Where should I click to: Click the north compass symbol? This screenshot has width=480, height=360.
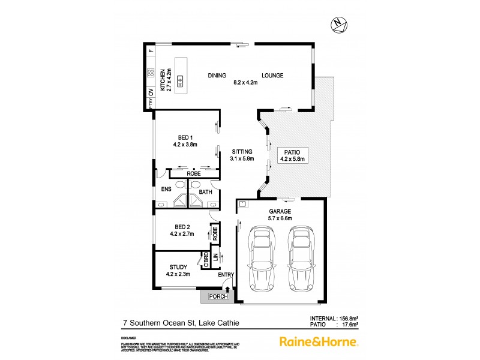click(339, 25)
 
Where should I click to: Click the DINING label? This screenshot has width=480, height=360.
click(217, 76)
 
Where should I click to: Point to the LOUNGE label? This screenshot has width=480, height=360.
click(272, 76)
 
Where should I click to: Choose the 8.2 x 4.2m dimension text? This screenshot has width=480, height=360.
click(245, 83)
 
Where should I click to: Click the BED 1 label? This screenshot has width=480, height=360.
click(185, 137)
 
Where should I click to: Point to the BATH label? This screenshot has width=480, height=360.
click(205, 192)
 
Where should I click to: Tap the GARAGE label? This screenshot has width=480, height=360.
click(280, 212)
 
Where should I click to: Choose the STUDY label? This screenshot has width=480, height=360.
click(178, 267)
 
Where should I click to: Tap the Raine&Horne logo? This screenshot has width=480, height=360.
click(319, 341)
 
